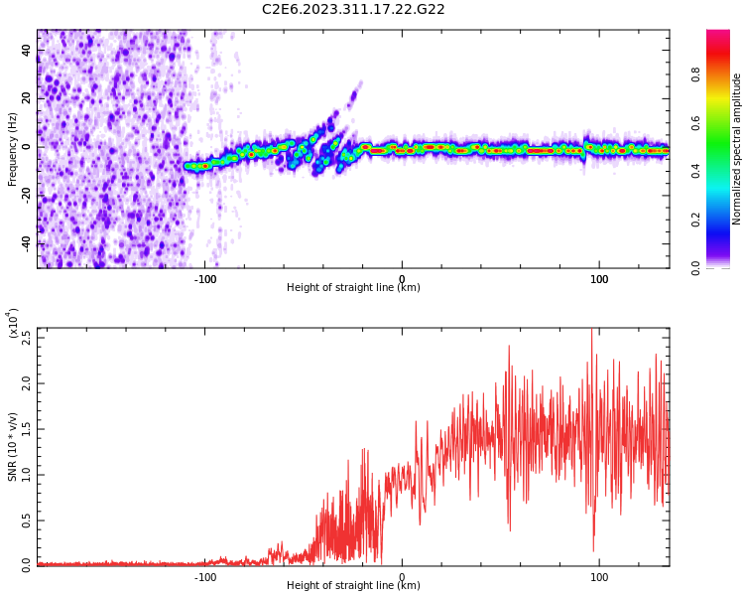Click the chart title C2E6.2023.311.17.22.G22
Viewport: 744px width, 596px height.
click(x=353, y=9)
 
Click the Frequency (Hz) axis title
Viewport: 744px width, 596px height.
click(x=13, y=149)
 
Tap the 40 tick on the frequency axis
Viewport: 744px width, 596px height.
click(x=27, y=50)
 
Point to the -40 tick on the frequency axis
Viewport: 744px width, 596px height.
click(x=24, y=243)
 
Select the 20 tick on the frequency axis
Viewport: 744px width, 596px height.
click(x=27, y=98)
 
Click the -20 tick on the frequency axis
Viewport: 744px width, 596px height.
click(x=24, y=195)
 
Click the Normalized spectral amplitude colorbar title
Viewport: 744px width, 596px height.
click(x=737, y=149)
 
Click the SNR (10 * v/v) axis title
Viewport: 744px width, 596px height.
click(x=13, y=447)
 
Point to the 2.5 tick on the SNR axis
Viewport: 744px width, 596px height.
click(x=27, y=335)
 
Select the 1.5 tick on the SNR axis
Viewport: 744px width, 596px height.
click(x=27, y=428)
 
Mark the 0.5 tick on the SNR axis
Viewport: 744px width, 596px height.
click(x=27, y=520)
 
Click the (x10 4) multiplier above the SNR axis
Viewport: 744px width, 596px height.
click(x=13, y=324)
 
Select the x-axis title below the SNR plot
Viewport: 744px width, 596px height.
click(x=353, y=586)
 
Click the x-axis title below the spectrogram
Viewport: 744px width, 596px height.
click(x=353, y=288)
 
